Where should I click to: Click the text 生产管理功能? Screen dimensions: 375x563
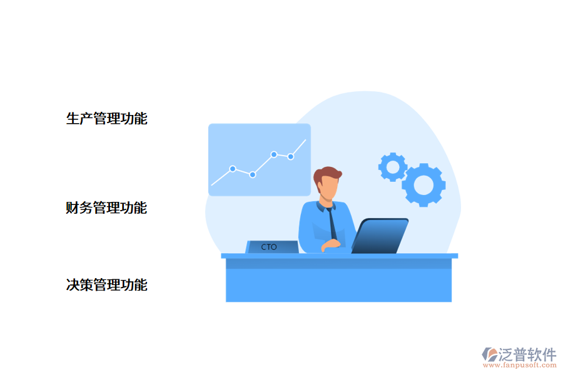click(x=106, y=119)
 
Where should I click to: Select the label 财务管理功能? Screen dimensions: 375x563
click(x=106, y=208)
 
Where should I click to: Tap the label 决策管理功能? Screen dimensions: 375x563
click(x=106, y=286)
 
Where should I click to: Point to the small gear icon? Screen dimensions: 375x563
click(x=393, y=167)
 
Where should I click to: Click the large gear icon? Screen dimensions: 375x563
click(x=424, y=185)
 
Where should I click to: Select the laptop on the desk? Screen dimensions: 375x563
click(x=380, y=236)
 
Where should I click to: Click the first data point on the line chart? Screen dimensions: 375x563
click(x=233, y=169)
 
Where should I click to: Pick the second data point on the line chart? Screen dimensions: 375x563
click(x=253, y=175)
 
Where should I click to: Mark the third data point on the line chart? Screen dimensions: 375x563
click(x=274, y=154)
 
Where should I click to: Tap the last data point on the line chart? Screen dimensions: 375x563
click(x=291, y=157)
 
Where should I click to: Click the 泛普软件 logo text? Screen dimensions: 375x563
click(x=527, y=355)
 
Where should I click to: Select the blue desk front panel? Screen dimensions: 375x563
click(x=338, y=285)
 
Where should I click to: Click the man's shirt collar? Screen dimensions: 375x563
click(x=326, y=205)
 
